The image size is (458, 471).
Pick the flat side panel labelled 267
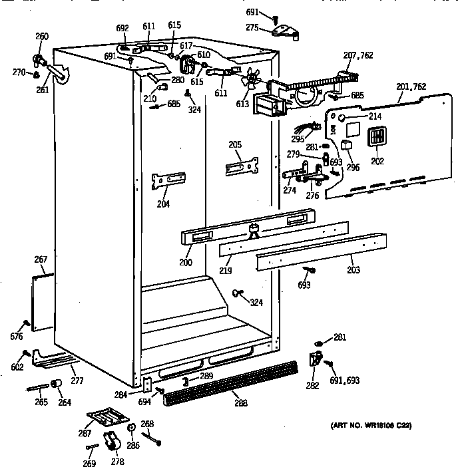pos(44,299)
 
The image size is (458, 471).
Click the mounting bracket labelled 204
pos(170,180)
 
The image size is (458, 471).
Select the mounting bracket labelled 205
pos(240,165)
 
